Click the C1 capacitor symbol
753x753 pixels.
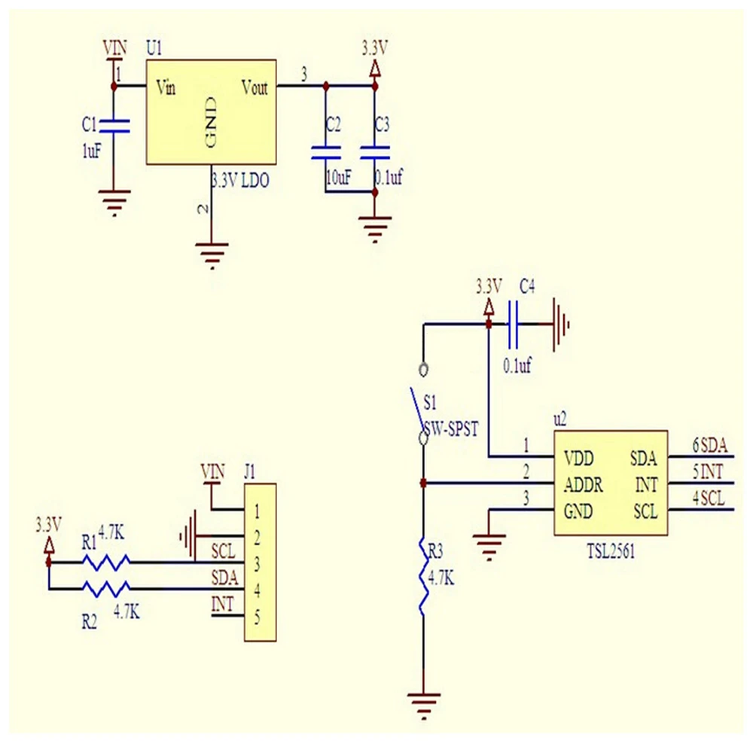[114, 125]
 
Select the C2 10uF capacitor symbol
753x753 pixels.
[325, 152]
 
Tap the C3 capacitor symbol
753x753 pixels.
[374, 152]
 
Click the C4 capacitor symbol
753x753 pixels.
[516, 325]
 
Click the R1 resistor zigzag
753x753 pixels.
[105, 561]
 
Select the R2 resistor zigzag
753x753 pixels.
[105, 587]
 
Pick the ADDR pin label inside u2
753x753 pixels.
[583, 484]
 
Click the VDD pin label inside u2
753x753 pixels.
[580, 458]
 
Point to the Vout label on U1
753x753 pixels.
[255, 88]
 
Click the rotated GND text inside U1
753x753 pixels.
[212, 122]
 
